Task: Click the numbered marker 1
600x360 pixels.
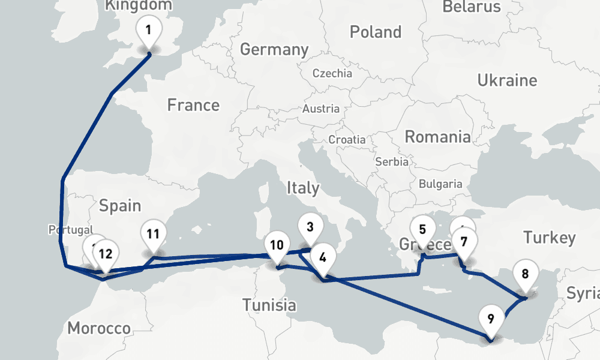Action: click(149, 29)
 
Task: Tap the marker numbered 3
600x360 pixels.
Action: click(310, 227)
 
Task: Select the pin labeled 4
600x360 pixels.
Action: click(323, 258)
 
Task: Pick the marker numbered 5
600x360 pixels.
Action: click(422, 229)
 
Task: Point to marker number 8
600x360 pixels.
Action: click(525, 275)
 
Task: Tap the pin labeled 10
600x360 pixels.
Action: click(277, 245)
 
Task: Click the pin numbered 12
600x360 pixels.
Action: click(105, 253)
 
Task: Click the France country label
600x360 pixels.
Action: click(193, 106)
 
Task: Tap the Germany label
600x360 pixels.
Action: click(274, 49)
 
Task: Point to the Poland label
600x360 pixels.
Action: click(376, 32)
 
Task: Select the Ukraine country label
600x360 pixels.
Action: click(507, 80)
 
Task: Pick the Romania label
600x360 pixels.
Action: click(437, 137)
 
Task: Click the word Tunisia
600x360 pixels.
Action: click(269, 305)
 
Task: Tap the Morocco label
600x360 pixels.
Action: click(99, 328)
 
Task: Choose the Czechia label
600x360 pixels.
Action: click(332, 74)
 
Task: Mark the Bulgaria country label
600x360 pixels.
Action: click(441, 184)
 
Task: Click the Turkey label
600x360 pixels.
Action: click(549, 238)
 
